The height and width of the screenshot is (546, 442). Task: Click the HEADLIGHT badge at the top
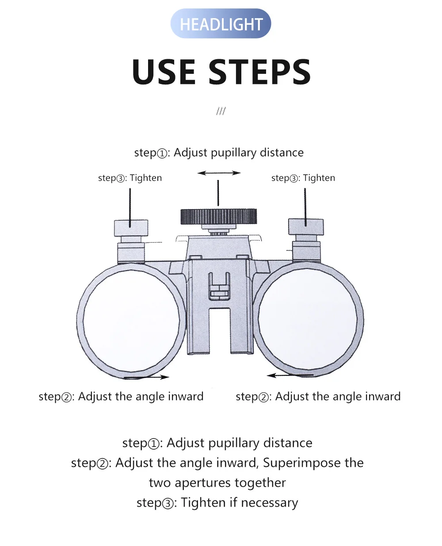tap(221, 23)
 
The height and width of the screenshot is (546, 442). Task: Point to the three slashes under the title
tap(221, 111)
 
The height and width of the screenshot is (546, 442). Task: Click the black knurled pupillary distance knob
tap(218, 217)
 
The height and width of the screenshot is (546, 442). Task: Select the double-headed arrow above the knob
tap(219, 173)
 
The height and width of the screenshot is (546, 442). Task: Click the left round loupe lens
tap(131, 321)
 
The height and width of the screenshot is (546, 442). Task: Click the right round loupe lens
tap(308, 319)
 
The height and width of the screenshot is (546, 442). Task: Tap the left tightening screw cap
tap(131, 228)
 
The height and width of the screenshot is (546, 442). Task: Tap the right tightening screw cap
tap(306, 227)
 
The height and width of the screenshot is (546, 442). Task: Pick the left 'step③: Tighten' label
tap(130, 178)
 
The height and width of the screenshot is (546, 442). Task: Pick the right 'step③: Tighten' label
tap(303, 178)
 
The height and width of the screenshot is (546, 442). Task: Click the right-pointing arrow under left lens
tap(147, 377)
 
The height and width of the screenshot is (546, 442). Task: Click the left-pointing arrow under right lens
tap(290, 375)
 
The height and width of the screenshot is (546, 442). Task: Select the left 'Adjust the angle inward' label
tap(141, 397)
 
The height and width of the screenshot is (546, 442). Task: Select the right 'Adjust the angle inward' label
tap(338, 397)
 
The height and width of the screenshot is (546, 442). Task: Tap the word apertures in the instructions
tap(203, 483)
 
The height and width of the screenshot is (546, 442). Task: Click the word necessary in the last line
tap(269, 503)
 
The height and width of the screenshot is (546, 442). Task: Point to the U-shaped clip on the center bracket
tap(219, 286)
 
